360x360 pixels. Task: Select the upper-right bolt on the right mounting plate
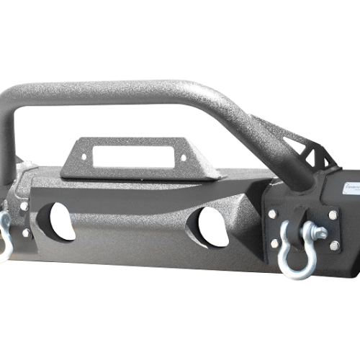332,215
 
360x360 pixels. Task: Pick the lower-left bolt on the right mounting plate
274,243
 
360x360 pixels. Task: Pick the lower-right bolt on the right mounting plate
334,246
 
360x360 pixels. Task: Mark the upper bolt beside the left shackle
24,207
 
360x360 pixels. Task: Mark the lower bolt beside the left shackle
26,233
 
